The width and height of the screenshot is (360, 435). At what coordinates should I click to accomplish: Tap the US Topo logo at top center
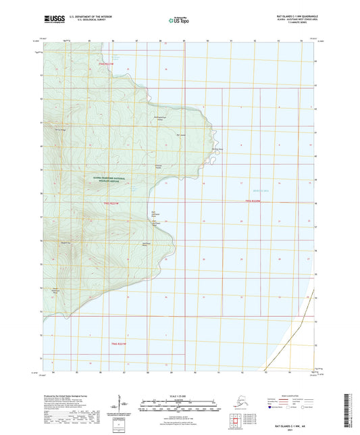coord(180,21)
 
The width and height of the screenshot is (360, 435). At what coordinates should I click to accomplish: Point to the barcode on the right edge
coord(349,408)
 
